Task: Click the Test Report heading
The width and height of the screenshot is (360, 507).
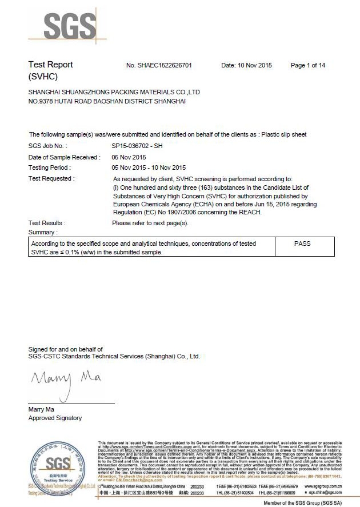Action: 51,65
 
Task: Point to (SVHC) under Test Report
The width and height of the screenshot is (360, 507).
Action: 43,76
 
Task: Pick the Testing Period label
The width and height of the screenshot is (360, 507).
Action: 50,168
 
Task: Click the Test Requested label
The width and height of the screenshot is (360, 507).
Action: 51,179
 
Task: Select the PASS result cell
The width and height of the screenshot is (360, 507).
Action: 302,243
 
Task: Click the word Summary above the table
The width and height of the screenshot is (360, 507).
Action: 43,232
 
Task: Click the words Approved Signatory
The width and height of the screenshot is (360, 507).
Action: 55,418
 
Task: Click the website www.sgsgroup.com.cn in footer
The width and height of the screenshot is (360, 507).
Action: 323,486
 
